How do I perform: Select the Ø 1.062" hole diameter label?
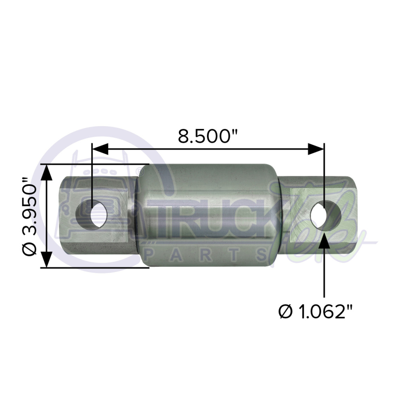click(316, 311)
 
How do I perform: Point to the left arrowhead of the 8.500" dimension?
click(100, 149)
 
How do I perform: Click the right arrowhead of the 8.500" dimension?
click(316, 149)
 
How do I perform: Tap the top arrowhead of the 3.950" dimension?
click(47, 173)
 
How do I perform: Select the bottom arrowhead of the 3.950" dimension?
click(47, 259)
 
